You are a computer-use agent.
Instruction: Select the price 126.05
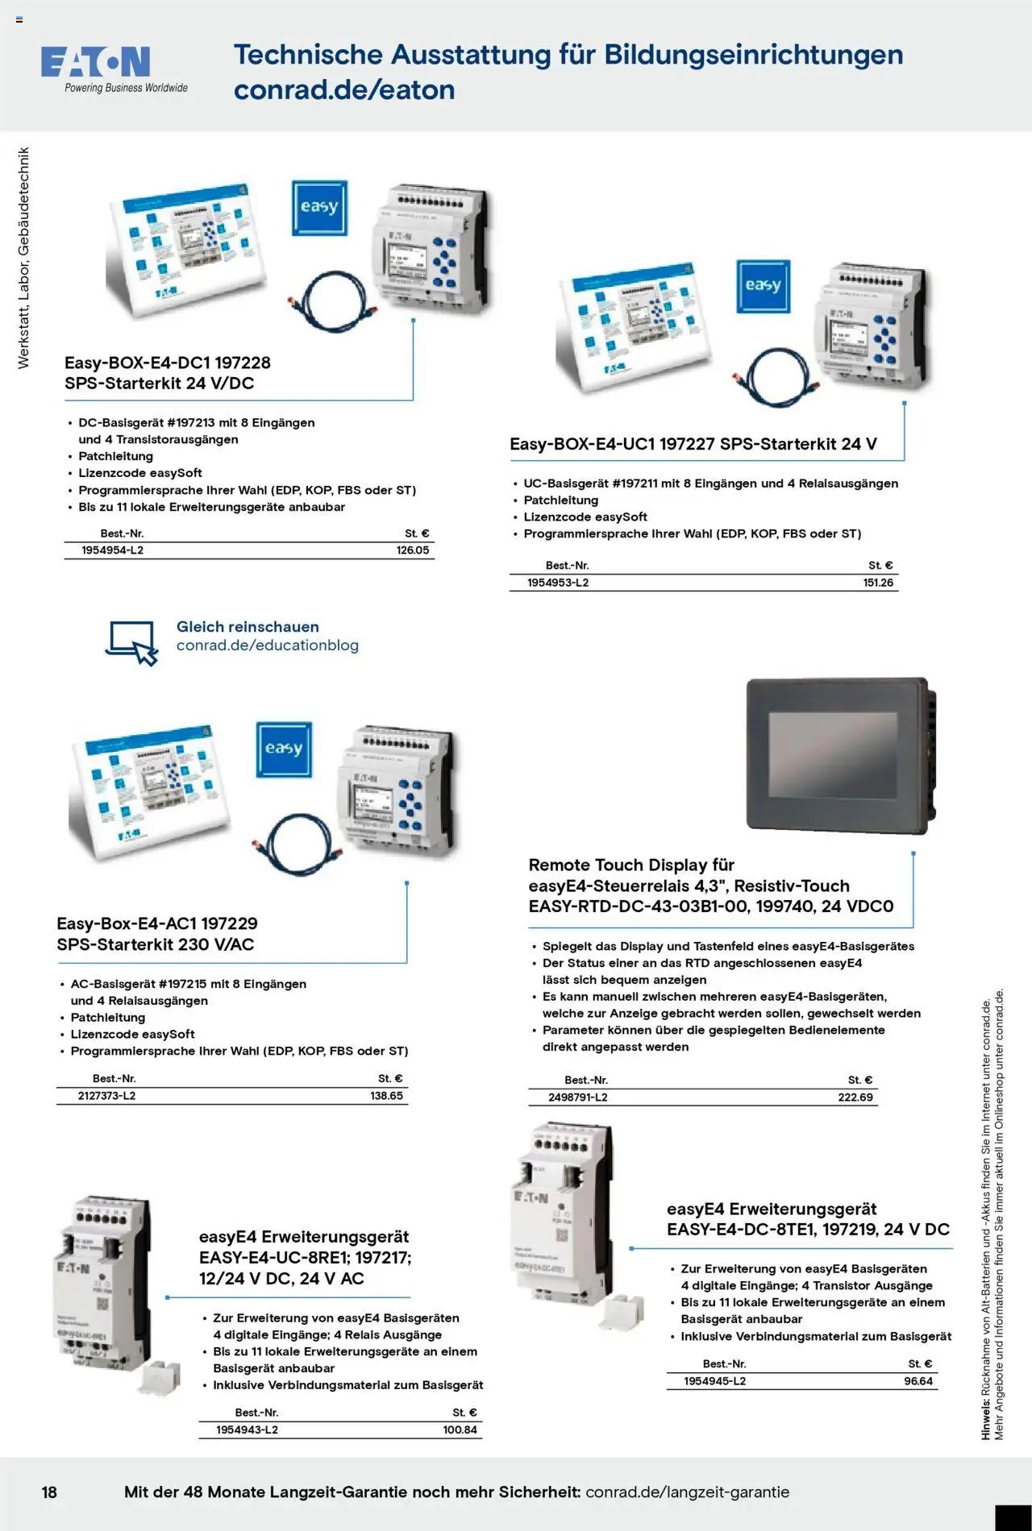click(x=413, y=550)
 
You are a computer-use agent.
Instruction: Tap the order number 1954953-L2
click(x=558, y=583)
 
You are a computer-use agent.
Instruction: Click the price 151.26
click(x=878, y=583)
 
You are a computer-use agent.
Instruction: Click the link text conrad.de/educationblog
click(x=268, y=645)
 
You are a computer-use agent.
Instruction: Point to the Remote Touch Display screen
click(x=832, y=754)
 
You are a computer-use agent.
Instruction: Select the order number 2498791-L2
click(x=578, y=1097)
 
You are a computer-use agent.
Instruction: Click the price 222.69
click(x=855, y=1097)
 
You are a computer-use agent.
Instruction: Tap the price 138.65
click(x=386, y=1096)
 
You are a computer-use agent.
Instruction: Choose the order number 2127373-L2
click(x=106, y=1096)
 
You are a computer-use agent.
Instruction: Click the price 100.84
click(x=460, y=1429)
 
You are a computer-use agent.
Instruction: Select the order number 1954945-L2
click(x=714, y=1381)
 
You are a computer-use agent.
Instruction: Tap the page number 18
click(x=49, y=1492)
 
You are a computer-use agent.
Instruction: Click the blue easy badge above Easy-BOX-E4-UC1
click(x=763, y=286)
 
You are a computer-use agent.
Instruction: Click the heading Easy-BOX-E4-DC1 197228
click(x=167, y=363)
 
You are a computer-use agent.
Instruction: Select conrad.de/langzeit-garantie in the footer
click(x=687, y=1492)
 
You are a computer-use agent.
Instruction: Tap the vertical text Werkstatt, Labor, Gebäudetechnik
click(x=23, y=258)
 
